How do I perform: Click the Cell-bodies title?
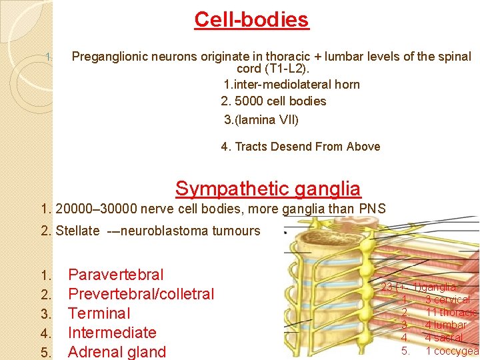pyautogui.click(x=251, y=19)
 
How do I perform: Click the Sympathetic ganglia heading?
pyautogui.click(x=268, y=189)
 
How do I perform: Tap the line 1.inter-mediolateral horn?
pyautogui.click(x=291, y=85)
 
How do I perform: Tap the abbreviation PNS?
pyautogui.click(x=373, y=209)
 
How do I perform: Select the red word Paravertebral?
pyautogui.click(x=116, y=275)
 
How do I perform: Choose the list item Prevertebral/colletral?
pyautogui.click(x=141, y=294)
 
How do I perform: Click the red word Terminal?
pyautogui.click(x=99, y=313)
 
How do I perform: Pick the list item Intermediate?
pyautogui.click(x=112, y=333)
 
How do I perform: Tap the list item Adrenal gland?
pyautogui.click(x=117, y=352)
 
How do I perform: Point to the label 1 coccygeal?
pyautogui.click(x=452, y=351)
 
